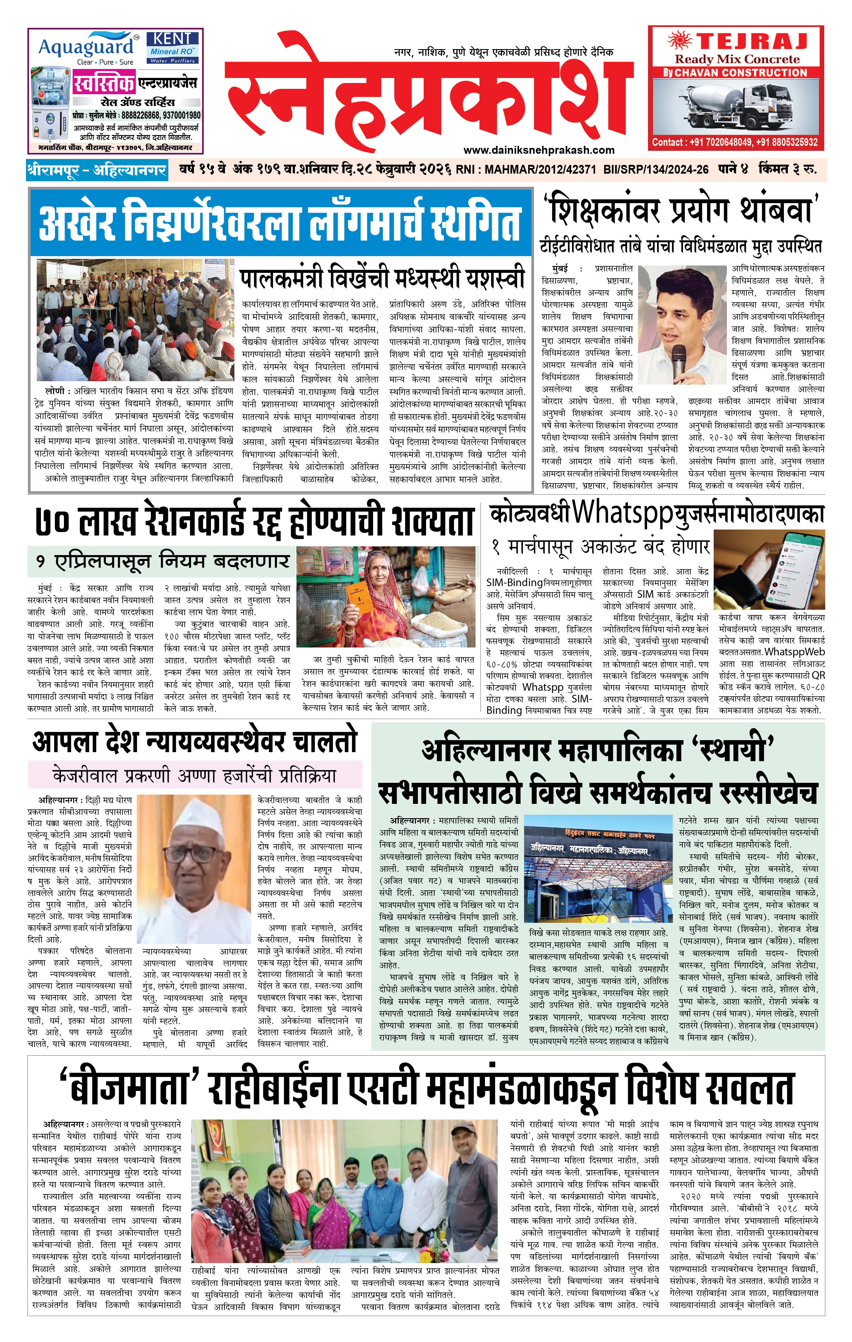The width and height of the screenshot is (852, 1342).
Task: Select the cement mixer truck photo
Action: tap(736, 106)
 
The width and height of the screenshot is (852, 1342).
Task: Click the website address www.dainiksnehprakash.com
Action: tap(538, 150)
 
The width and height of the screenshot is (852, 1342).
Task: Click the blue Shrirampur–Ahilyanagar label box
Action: tap(96, 170)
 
